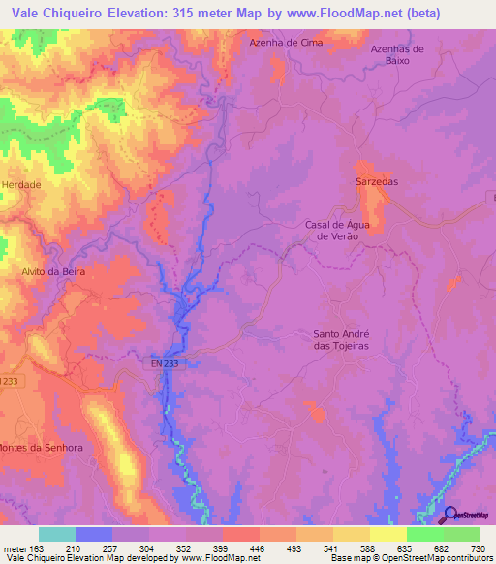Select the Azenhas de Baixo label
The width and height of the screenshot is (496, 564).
398,54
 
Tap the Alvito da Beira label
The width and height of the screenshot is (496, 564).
54,272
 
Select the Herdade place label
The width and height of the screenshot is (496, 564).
22,184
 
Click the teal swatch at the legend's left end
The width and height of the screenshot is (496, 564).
57,534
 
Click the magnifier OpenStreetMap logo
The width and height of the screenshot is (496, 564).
449,515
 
